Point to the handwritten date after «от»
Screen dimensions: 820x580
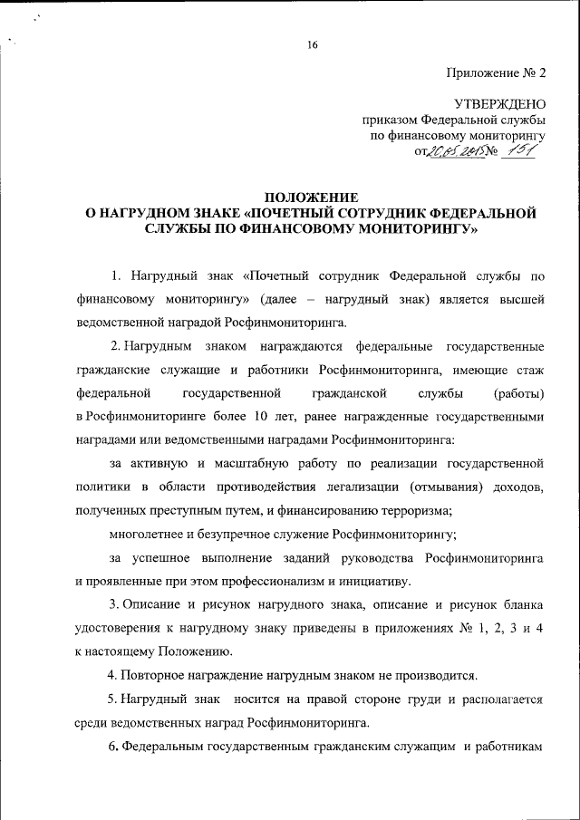(x=456, y=152)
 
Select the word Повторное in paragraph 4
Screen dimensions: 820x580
(x=150, y=675)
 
